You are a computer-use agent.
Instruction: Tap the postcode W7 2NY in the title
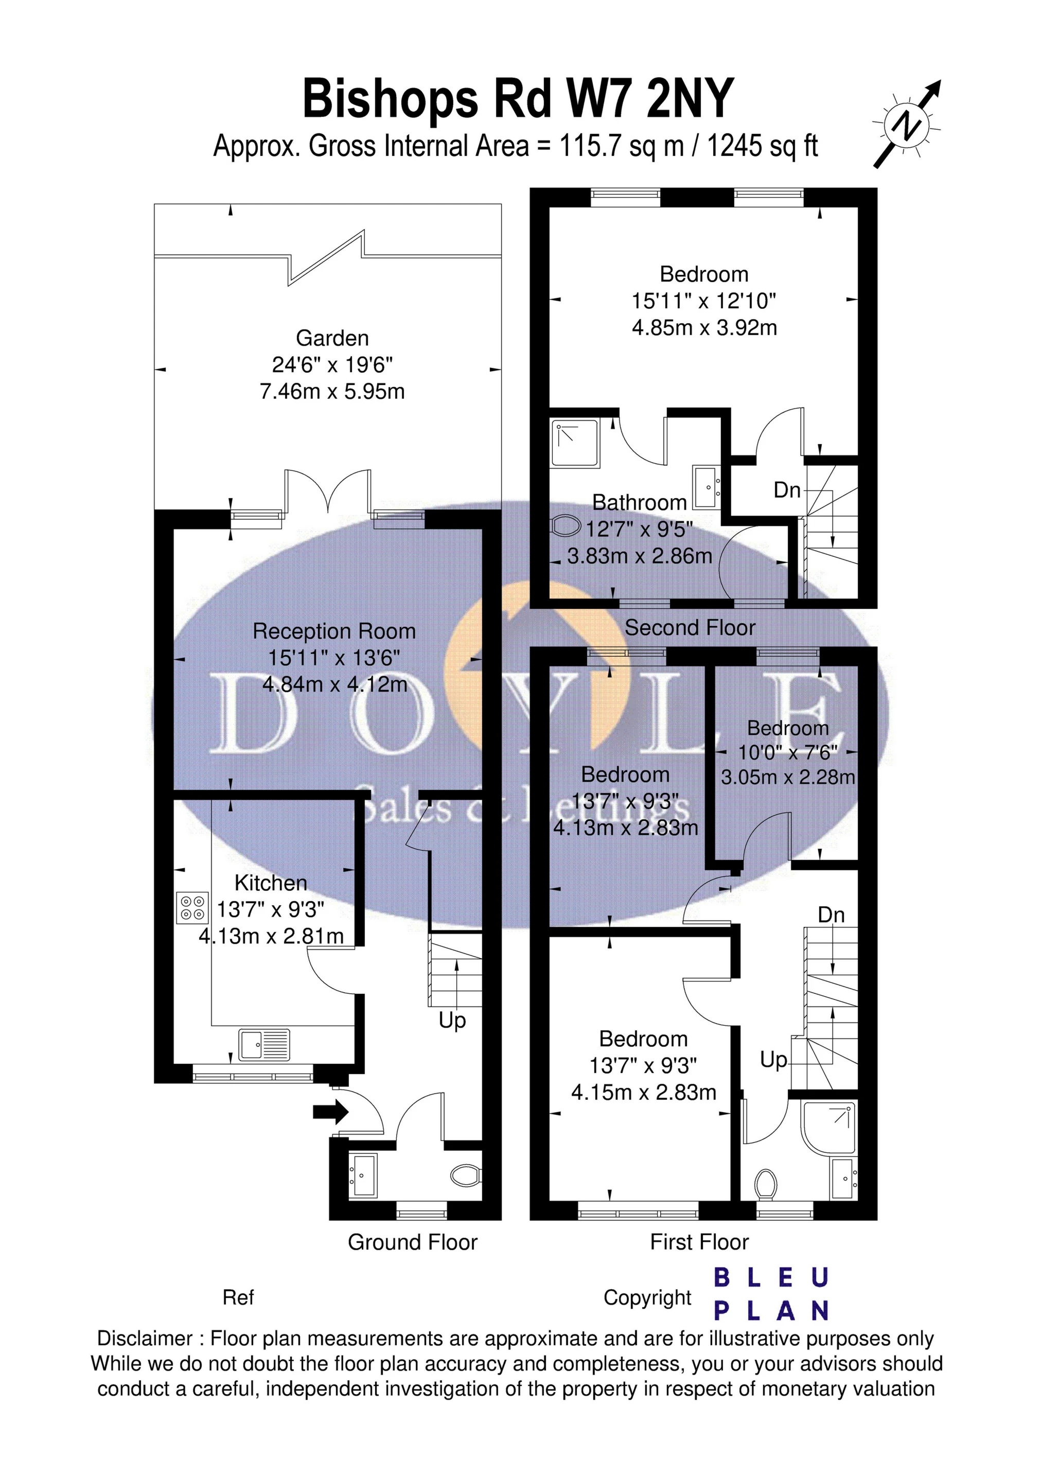coord(649,99)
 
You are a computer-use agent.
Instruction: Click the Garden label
coord(332,338)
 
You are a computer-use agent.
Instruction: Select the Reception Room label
coord(334,631)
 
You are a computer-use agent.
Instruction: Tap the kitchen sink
coord(264,1044)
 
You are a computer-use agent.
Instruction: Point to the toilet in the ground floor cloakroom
coord(465,1175)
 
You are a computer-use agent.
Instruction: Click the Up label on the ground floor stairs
coord(452,1020)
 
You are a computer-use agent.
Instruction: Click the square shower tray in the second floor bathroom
coord(574,443)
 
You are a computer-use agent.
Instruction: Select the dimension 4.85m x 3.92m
coord(704,328)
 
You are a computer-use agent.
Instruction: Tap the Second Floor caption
coord(690,628)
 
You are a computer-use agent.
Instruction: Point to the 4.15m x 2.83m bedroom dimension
coord(643,1092)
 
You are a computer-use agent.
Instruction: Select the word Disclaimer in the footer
coord(145,1339)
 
